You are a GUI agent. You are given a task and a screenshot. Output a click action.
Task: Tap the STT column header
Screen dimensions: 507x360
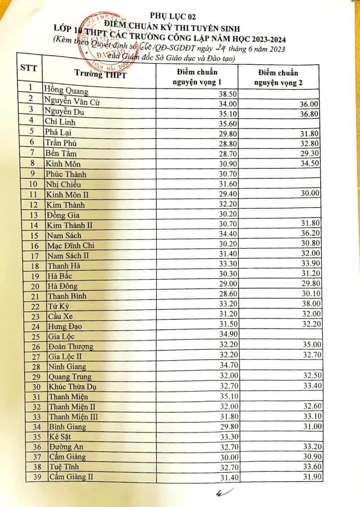[29, 68]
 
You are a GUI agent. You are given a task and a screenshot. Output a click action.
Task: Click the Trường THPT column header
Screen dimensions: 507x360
[100, 74]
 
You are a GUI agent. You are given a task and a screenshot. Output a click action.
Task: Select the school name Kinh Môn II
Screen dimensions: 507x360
[67, 195]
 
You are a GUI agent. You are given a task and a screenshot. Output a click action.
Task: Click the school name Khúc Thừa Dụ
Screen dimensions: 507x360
[74, 387]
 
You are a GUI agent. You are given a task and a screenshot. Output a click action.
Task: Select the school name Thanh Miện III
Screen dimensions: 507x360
[73, 417]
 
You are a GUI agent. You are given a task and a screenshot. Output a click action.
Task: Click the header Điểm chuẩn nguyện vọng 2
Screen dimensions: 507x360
[278, 77]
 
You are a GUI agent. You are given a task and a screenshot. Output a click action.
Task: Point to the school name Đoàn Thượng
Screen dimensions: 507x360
[70, 346]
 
